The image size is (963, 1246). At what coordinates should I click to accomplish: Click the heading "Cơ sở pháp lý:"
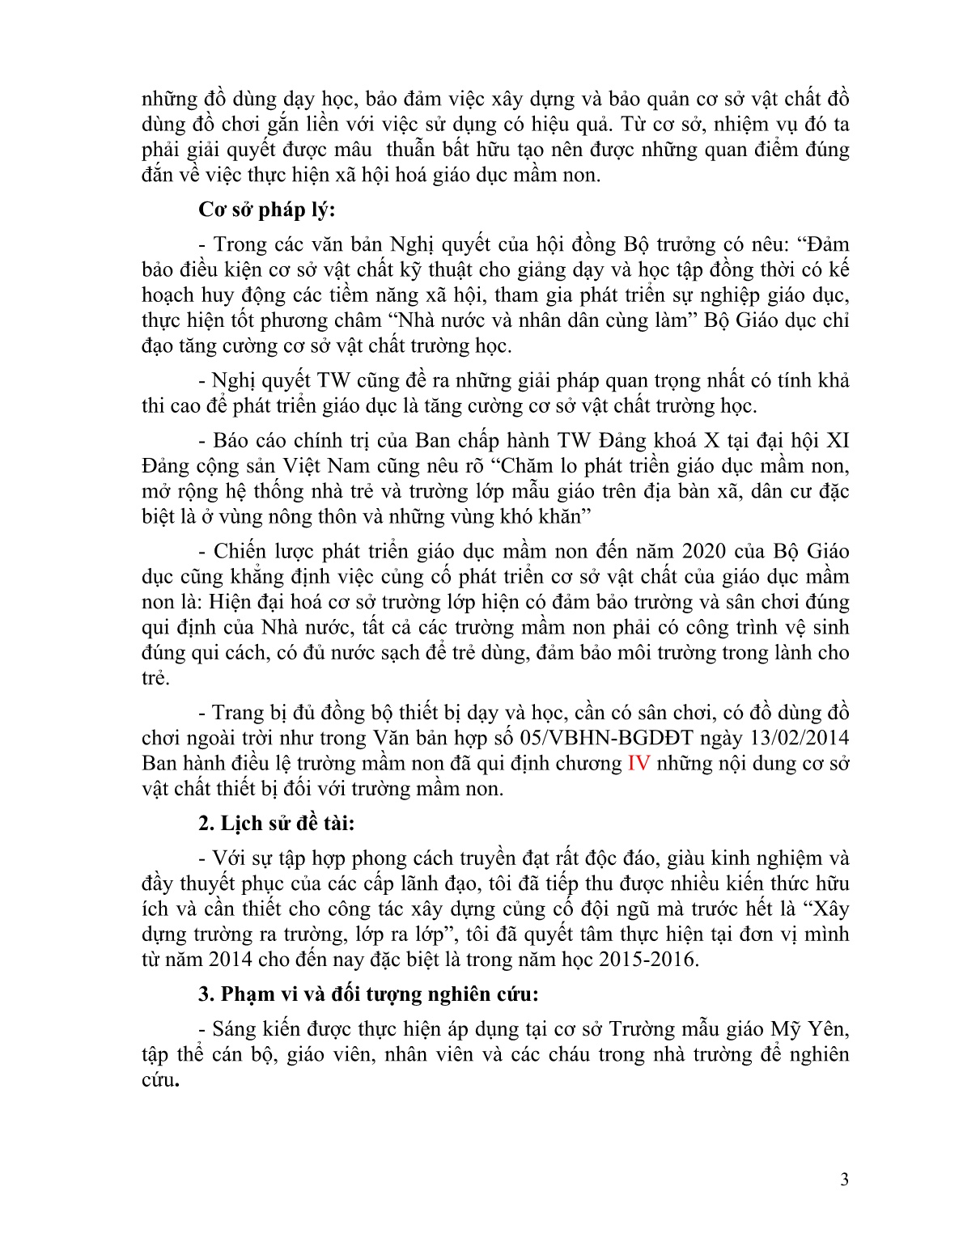click(266, 210)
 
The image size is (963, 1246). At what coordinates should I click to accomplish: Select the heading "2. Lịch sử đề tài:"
click(276, 824)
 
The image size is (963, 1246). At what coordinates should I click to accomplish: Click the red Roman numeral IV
click(638, 763)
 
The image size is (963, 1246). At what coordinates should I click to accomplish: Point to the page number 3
click(845, 1180)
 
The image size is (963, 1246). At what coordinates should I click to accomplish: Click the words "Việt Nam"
click(326, 466)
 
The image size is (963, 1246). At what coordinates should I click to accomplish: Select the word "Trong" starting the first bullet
click(240, 244)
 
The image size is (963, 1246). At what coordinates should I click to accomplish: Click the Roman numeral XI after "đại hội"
click(836, 441)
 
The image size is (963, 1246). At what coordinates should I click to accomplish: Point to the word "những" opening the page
click(169, 100)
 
